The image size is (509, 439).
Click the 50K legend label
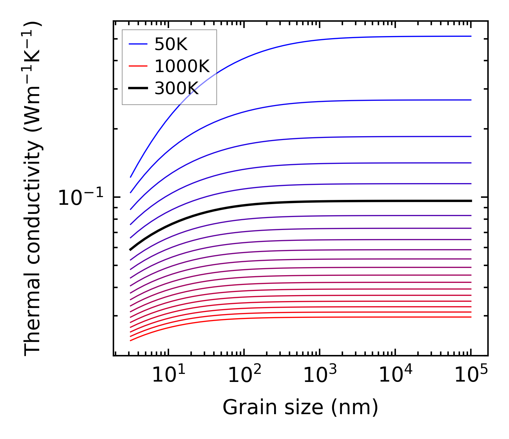pos(171,44)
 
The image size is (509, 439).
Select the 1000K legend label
pos(182,66)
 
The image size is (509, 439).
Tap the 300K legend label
pos(177,89)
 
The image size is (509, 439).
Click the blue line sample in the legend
pos(138,44)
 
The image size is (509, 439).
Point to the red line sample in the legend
pos(138,66)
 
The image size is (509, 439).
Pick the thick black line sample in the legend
pos(138,89)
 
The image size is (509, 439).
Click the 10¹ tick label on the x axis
pos(168,375)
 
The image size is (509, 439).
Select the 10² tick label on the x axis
pos(244,375)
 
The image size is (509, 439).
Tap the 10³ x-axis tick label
pos(320,375)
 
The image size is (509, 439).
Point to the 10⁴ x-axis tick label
pos(395,375)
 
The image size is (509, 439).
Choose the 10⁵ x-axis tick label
pos(471,375)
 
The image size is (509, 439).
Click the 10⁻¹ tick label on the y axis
pos(81,198)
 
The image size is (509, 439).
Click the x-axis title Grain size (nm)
pos(300,407)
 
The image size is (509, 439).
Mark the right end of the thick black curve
pos(471,201)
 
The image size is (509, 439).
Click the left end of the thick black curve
pos(130,250)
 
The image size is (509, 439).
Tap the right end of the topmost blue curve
pos(471,36)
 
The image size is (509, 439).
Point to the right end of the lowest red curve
pos(471,317)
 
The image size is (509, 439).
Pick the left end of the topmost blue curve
pos(130,177)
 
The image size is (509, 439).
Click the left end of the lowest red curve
pos(130,340)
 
